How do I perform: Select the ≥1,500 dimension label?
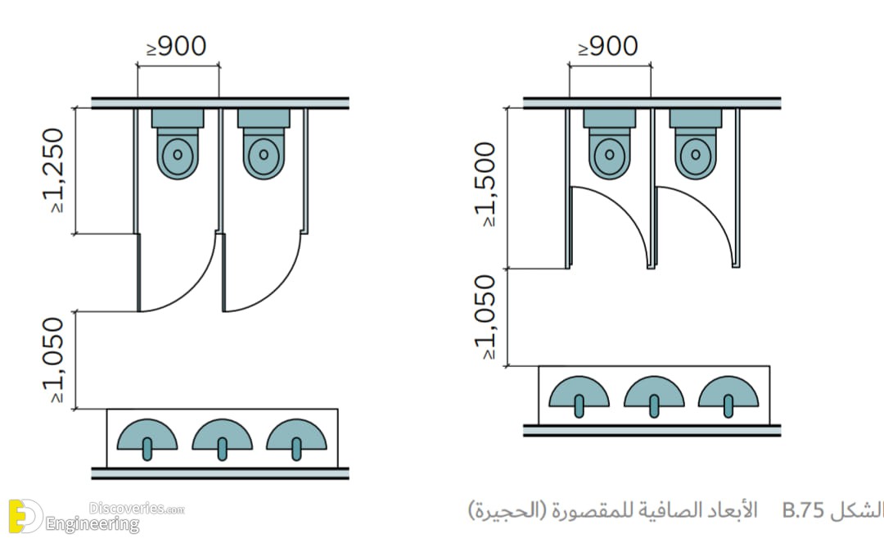click(486, 184)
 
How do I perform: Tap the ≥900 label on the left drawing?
click(177, 46)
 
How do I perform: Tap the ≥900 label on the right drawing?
click(608, 46)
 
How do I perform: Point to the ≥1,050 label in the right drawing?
click(486, 317)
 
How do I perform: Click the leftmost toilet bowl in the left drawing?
click(178, 153)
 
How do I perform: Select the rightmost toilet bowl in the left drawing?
click(264, 153)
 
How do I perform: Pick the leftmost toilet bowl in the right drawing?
click(610, 153)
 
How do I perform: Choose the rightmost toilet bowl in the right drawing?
click(696, 153)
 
